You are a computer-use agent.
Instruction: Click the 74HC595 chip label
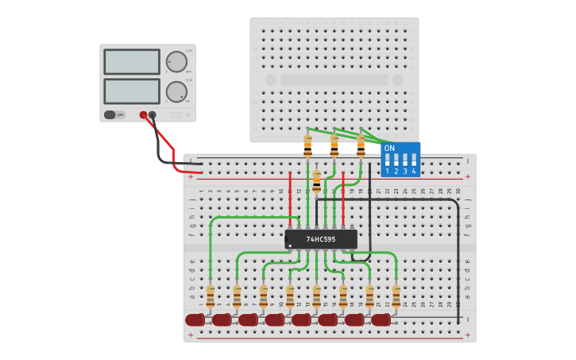[321, 239]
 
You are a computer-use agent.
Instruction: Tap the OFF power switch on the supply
[114, 114]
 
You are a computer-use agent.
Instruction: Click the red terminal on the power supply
[143, 114]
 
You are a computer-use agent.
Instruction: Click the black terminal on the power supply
[153, 114]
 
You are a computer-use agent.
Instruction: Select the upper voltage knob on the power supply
[176, 61]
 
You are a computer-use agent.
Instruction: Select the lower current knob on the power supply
[176, 91]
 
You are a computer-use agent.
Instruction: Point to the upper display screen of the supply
[131, 61]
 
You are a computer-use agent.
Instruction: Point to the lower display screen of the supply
[131, 91]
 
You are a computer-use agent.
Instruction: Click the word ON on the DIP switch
[389, 148]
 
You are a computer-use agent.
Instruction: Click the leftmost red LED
[195, 319]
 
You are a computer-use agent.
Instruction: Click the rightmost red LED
[381, 319]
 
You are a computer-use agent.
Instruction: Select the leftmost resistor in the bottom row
[211, 296]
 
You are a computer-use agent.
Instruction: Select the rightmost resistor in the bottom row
[396, 296]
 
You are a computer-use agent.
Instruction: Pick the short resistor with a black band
[316, 182]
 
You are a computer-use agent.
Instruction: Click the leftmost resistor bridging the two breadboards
[307, 145]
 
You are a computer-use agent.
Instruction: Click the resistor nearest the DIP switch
[361, 145]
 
